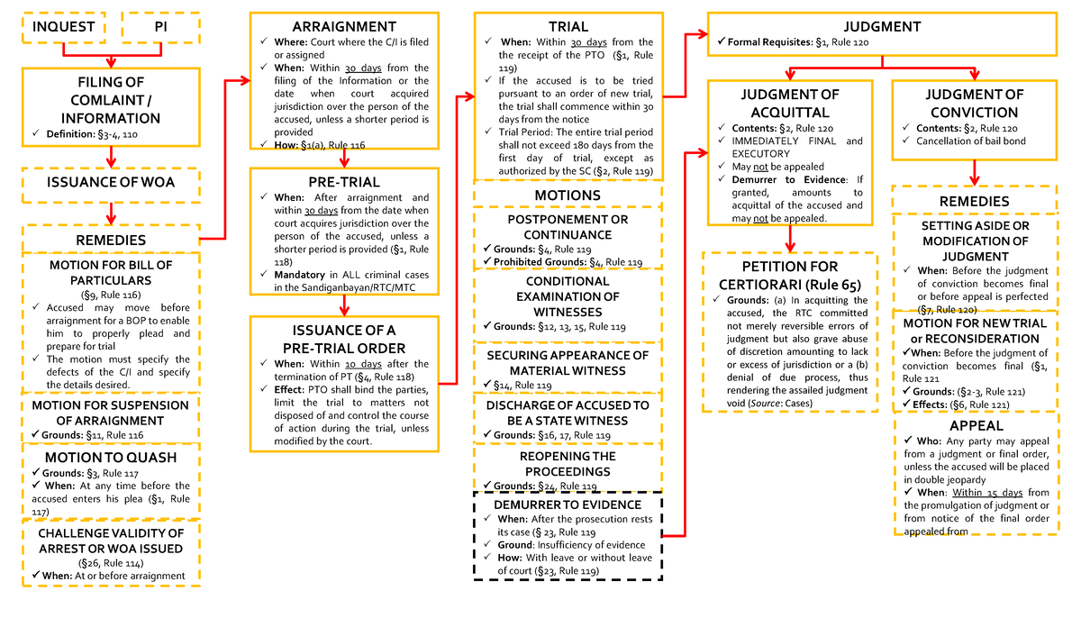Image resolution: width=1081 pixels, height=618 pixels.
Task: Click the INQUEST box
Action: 63,27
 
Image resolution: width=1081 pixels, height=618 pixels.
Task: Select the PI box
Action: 160,27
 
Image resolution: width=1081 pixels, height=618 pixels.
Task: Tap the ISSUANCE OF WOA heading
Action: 111,182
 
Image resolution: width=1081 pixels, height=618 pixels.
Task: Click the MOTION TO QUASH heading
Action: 111,458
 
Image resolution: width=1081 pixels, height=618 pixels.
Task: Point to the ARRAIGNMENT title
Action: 343,27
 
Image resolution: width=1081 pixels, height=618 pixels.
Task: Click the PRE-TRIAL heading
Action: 343,183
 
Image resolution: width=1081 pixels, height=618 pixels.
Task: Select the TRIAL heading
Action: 568,27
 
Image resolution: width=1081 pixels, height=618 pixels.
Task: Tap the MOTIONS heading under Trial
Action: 568,195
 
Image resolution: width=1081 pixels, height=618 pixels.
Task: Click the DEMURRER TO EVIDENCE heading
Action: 568,504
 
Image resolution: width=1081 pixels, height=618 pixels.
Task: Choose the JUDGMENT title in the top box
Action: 882,27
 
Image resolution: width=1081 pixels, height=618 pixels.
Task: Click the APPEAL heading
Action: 977,425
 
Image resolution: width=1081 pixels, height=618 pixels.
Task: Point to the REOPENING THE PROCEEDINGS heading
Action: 568,463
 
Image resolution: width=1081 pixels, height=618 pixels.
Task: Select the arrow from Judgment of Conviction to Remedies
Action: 976,172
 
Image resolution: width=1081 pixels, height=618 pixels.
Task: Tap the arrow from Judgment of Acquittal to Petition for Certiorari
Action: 789,239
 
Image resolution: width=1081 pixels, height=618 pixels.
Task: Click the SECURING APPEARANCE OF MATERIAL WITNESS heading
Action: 568,363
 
